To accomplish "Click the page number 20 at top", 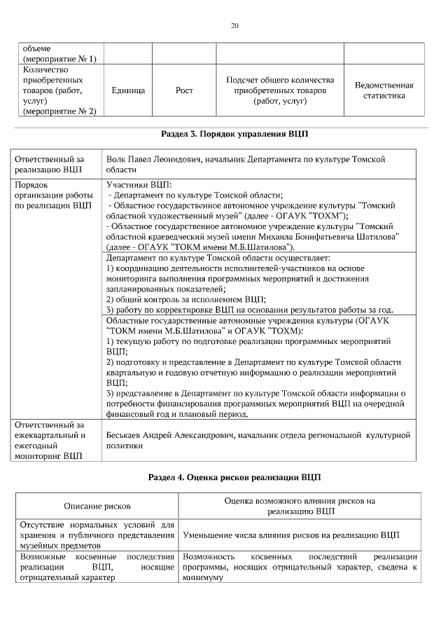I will tap(234, 26).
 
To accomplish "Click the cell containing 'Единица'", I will tap(128, 91).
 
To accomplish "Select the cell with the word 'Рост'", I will tap(185, 91).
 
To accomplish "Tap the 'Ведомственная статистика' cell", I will tap(384, 90).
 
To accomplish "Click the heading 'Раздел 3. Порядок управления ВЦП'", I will tap(234, 132).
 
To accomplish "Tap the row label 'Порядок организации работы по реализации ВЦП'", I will tap(53, 195).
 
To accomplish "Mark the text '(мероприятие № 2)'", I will tap(59, 111).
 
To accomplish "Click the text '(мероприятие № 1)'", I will tap(59, 59).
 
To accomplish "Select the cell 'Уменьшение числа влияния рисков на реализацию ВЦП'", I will tap(290, 535).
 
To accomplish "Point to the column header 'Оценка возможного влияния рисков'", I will tap(300, 501).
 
